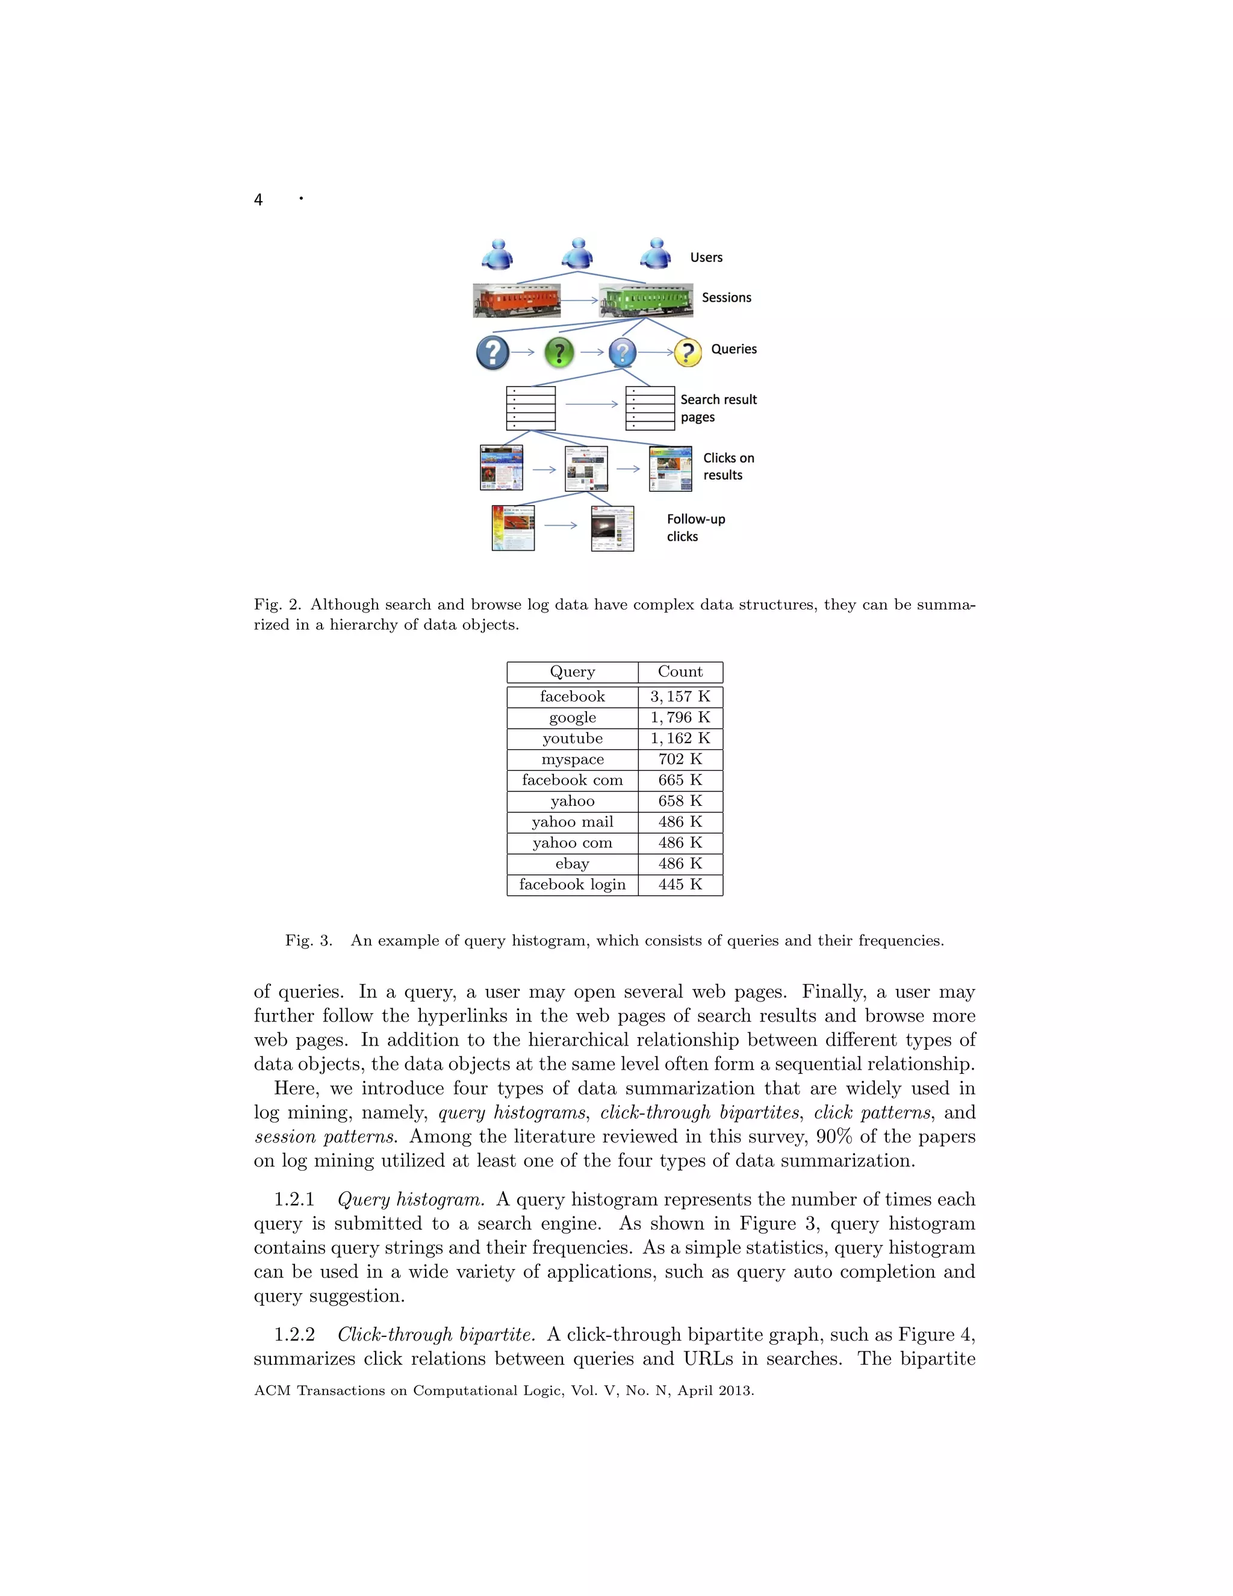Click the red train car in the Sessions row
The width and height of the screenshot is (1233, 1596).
(517, 301)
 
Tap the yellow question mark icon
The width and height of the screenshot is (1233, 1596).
(688, 352)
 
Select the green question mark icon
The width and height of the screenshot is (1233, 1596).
(559, 352)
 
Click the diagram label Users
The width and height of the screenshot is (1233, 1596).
(706, 257)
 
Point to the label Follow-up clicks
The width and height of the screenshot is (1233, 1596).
(695, 528)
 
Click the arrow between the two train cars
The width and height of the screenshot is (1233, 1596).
(579, 301)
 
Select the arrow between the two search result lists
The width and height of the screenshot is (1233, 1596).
(591, 404)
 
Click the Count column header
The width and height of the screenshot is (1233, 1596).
(680, 672)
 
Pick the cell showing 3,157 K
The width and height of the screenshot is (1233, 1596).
(680, 696)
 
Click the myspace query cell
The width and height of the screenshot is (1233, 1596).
(572, 759)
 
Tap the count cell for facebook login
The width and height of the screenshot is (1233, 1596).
(680, 884)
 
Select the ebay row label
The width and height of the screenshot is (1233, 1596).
(572, 864)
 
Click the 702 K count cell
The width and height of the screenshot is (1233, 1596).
(680, 759)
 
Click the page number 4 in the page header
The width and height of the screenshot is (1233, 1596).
(258, 199)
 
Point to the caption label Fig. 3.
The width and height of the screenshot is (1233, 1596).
(308, 941)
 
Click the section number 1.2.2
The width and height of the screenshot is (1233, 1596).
(294, 1335)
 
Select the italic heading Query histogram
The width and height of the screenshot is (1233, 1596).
(410, 1199)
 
